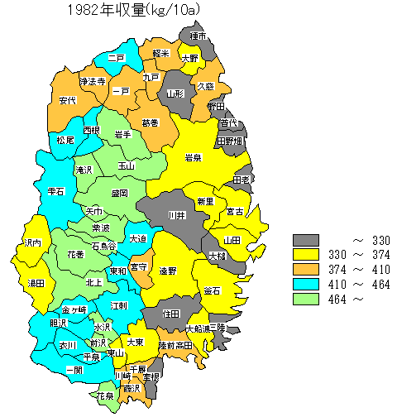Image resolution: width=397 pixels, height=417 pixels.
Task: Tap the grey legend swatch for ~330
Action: click(306, 240)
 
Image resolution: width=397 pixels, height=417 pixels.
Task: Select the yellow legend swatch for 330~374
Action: click(306, 255)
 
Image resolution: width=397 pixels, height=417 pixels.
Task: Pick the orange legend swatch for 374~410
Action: click(306, 270)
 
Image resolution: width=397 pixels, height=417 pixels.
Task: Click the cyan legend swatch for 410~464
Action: click(306, 285)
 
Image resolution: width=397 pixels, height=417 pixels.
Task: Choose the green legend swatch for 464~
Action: click(306, 300)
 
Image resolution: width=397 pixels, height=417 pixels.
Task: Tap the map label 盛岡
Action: click(119, 193)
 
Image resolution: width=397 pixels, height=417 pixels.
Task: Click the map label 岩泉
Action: click(194, 157)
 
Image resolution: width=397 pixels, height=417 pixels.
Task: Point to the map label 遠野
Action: click(168, 271)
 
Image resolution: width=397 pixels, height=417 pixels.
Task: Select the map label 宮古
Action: click(235, 212)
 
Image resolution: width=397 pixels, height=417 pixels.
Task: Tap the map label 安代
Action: click(68, 100)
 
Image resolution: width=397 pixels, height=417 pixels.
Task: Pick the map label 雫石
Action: click(57, 190)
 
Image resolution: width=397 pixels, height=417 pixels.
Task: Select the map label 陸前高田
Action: click(175, 344)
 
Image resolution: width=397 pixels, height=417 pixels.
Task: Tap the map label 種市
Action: click(198, 36)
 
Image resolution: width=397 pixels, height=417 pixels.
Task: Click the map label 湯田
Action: click(36, 283)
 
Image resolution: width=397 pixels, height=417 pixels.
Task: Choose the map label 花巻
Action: click(75, 254)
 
